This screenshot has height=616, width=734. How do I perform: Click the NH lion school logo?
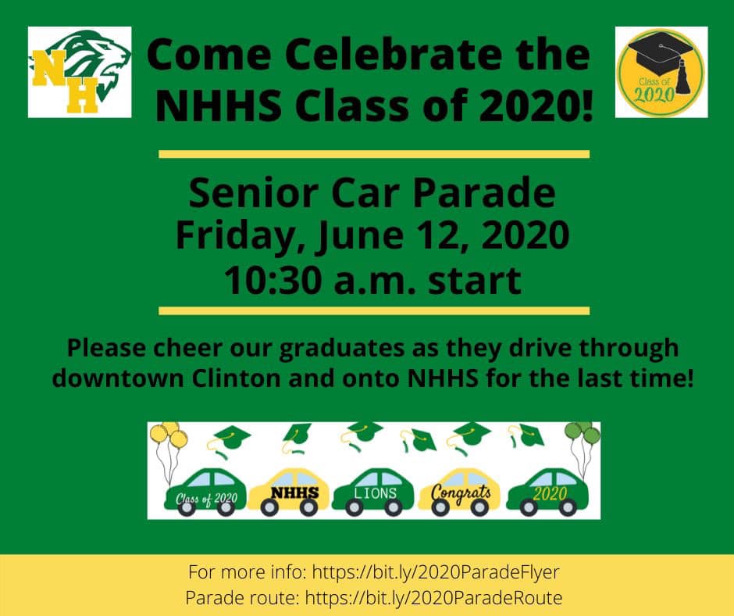click(80, 72)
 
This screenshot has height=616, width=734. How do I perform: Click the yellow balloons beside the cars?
click(169, 435)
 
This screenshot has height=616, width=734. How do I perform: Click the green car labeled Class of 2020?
click(205, 492)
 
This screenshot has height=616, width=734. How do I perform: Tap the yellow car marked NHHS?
click(289, 492)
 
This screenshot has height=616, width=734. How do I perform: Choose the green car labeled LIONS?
click(373, 492)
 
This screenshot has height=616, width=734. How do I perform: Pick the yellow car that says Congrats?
click(459, 492)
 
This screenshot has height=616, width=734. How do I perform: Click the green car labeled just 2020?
click(547, 492)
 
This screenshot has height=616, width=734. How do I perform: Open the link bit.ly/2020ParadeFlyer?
click(436, 572)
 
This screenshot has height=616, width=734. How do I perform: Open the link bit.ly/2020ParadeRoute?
click(433, 598)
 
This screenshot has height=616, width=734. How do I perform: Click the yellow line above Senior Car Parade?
click(374, 154)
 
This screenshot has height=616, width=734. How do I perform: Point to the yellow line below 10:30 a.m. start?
click(374, 311)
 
